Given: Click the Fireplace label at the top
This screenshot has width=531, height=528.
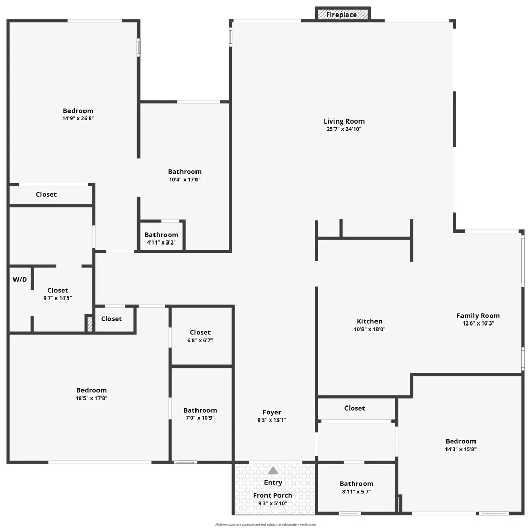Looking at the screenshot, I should coord(341,15).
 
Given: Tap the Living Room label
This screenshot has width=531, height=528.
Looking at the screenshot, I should coord(344,121).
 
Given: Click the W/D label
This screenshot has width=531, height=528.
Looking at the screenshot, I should coord(20,280).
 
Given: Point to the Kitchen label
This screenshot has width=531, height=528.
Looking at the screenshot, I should coord(369,321).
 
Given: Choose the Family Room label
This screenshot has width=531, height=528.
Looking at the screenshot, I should coord(478,316).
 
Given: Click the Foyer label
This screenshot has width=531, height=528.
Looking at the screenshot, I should coord(272,413).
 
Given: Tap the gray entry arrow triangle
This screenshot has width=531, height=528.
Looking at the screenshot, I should coord(273,470).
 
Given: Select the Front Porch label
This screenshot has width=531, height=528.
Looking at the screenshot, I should coord(273,495).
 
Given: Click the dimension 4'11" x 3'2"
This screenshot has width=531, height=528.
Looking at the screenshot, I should coord(161,242).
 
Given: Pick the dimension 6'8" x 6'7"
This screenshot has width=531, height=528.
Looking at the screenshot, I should coord(200,341).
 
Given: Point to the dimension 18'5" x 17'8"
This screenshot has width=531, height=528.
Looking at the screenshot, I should coord(91,398).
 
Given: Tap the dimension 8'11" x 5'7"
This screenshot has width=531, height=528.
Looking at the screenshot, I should coord(356,492).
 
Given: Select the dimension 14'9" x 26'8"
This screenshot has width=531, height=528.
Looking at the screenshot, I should coord(78,118).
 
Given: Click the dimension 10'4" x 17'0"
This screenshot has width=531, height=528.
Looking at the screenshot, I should coord(185,180).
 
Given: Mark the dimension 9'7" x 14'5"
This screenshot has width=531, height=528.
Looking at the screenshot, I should coord(57,299).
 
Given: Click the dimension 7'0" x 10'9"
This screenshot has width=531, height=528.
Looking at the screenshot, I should coord(200,418).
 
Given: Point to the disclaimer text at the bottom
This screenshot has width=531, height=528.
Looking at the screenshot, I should coord(265,525).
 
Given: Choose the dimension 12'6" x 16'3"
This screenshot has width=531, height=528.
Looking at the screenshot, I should coord(478,323).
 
